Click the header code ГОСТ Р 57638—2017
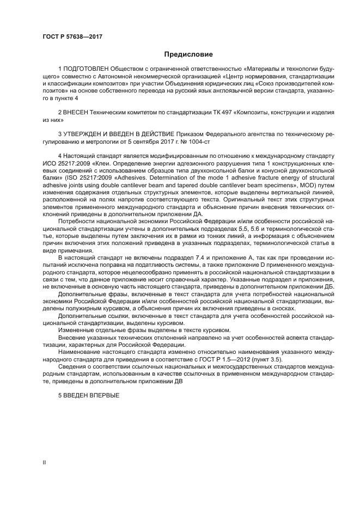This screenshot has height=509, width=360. coord(72,37)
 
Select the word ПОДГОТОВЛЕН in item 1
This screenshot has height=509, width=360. coord(86,70)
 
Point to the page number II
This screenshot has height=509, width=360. coord(45,462)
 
